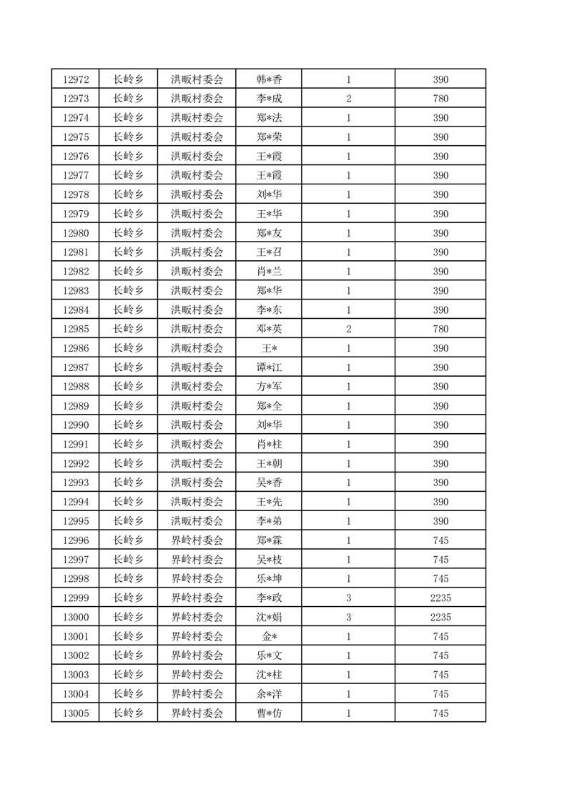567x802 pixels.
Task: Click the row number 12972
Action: point(76,79)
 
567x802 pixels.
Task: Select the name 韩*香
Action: point(269,79)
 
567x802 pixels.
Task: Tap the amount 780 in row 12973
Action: point(440,99)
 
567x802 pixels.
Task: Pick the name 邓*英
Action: point(269,330)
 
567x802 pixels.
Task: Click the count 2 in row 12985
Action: point(348,330)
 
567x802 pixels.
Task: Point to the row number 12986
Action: point(76,349)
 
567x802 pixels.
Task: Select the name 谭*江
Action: point(269,367)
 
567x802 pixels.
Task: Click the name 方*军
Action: point(269,387)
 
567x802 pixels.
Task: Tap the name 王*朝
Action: point(269,464)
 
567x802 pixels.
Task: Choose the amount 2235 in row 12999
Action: point(440,598)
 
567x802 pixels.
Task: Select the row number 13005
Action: point(76,713)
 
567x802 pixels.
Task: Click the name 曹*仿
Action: point(269,713)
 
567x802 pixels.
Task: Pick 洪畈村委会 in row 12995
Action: point(197,521)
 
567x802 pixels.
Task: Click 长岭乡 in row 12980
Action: point(129,233)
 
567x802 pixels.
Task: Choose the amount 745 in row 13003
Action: point(440,675)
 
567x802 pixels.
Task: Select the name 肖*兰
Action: point(269,272)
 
